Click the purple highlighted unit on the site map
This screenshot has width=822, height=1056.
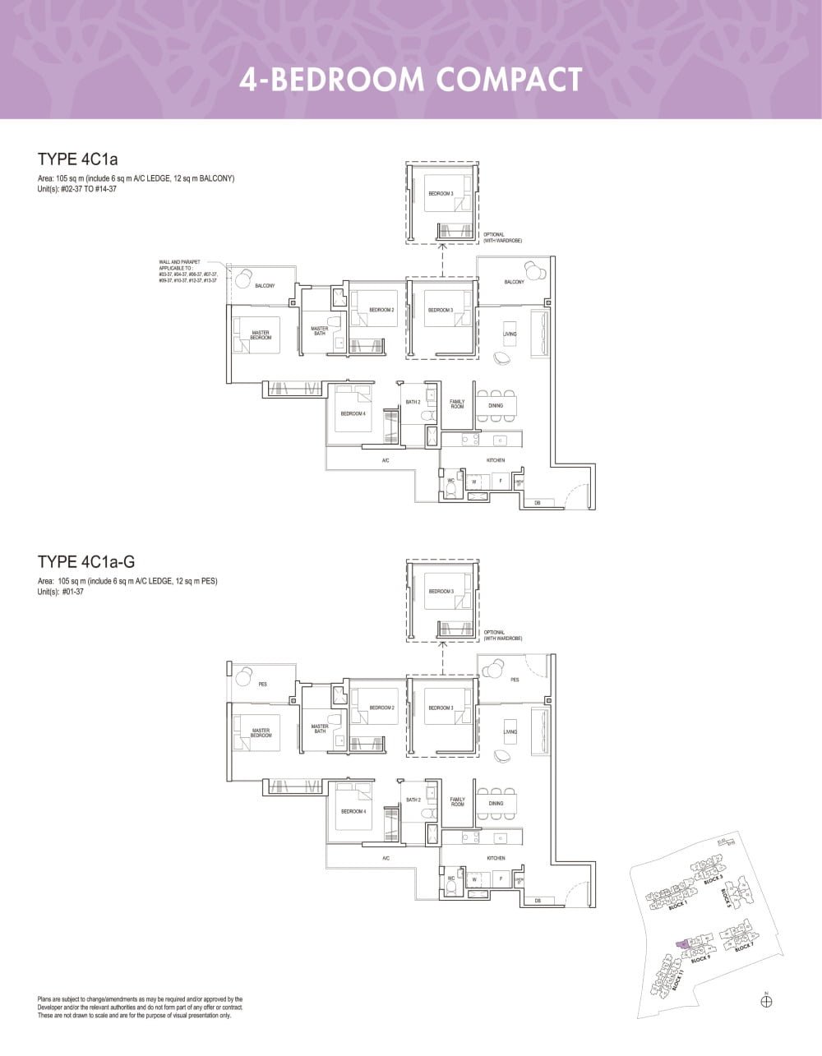tap(682, 945)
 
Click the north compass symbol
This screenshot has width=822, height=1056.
tap(766, 1001)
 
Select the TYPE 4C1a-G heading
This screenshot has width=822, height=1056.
tap(86, 562)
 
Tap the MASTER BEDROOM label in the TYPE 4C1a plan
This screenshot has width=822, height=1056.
tap(261, 335)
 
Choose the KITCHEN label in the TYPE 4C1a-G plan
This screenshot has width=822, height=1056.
tap(496, 858)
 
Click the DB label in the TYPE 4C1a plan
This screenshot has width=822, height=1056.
tap(538, 503)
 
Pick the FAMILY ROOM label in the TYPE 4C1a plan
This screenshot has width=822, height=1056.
tap(457, 404)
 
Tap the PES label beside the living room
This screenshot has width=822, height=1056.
tap(515, 680)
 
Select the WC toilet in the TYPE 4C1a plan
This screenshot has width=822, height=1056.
tap(451, 489)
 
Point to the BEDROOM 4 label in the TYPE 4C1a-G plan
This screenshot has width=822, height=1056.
tap(353, 811)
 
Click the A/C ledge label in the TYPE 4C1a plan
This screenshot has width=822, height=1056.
tap(386, 461)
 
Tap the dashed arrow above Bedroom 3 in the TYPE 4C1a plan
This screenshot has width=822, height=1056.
tap(442, 259)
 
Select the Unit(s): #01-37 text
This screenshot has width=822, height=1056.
tap(61, 591)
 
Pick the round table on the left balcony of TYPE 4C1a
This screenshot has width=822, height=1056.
tap(244, 280)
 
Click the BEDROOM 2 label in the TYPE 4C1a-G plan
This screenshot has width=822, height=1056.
tap(381, 708)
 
